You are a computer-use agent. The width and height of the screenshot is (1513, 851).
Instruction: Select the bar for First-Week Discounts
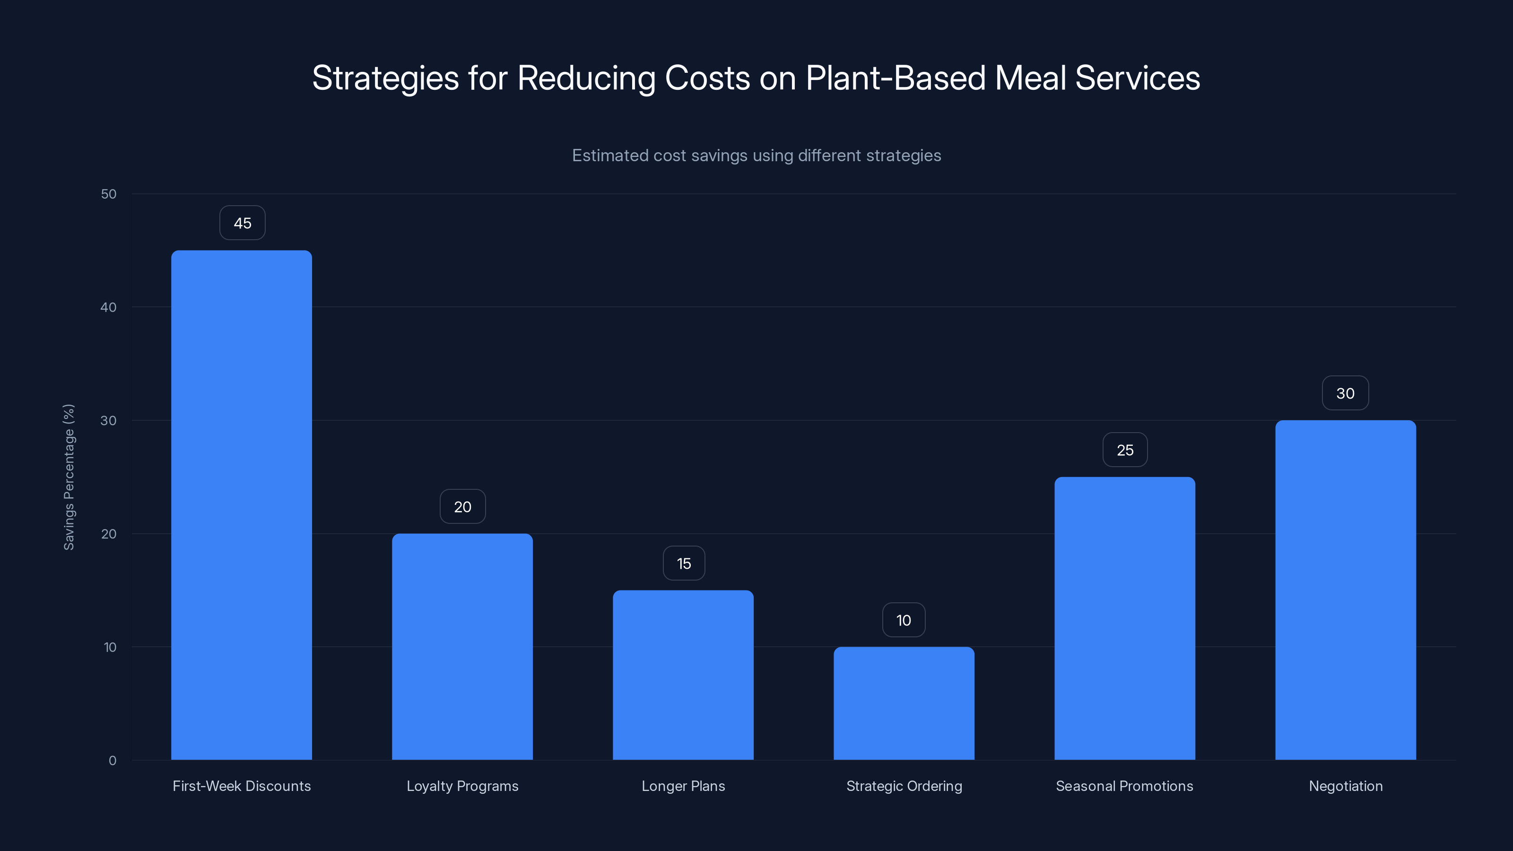coord(242,505)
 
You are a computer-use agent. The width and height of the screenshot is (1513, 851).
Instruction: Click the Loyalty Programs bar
coord(462,646)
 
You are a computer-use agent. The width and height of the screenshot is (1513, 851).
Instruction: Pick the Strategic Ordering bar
coord(904,703)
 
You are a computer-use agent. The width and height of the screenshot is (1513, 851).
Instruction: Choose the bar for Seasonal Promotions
coord(1125,618)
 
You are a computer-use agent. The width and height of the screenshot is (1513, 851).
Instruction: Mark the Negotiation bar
coord(1346,590)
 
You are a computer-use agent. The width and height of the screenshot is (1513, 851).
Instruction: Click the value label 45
coord(243,223)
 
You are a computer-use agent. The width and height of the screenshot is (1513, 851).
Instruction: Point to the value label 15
coord(684,564)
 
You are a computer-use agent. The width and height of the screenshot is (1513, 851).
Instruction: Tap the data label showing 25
coord(1125,451)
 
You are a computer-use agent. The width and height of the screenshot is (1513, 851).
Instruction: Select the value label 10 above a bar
coord(904,620)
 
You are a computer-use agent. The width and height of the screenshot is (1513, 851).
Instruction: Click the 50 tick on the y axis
coord(109,194)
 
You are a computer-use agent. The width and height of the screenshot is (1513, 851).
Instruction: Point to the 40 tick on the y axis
coord(109,307)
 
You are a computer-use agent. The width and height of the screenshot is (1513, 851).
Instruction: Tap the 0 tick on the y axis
coord(112,761)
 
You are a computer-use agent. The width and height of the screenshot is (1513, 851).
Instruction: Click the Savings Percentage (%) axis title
coord(69,477)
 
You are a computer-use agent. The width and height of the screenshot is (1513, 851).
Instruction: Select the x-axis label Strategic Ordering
coord(904,786)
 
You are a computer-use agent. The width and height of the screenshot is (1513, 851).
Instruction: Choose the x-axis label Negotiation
coord(1346,786)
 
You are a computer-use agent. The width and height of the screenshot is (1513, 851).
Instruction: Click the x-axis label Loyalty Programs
coord(462,786)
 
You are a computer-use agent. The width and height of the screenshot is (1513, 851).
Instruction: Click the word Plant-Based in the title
coord(895,78)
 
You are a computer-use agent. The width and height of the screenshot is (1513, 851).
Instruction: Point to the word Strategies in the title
coord(385,78)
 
